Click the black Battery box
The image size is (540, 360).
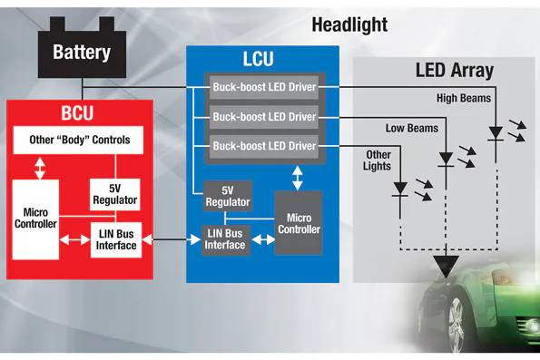coord(81,52)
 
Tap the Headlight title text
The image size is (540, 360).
coord(349,24)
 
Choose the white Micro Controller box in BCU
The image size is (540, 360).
coord(35,218)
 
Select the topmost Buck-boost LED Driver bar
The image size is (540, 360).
coord(264,88)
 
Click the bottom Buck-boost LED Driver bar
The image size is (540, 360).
coord(264,146)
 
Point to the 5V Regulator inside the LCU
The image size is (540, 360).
coord(225,196)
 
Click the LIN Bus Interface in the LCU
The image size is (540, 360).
coord(225,240)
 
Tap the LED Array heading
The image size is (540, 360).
coord(454,70)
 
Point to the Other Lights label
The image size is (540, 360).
coord(378,161)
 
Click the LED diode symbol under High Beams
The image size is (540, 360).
coord(495,133)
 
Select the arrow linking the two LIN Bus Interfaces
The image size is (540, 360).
coord(172,240)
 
